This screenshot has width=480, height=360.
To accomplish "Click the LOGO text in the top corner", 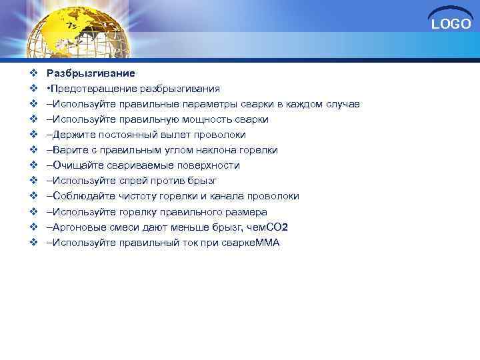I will tap(451, 25).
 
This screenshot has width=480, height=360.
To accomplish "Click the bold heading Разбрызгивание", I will tap(90, 73).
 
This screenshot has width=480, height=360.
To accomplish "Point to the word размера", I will tap(247, 211).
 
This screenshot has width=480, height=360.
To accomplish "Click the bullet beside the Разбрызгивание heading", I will tap(33, 73).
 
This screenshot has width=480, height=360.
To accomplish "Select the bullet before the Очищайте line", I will tap(33, 165).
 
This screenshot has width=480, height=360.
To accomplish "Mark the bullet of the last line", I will tap(33, 242).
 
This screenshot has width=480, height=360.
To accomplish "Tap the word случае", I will tap(342, 104).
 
